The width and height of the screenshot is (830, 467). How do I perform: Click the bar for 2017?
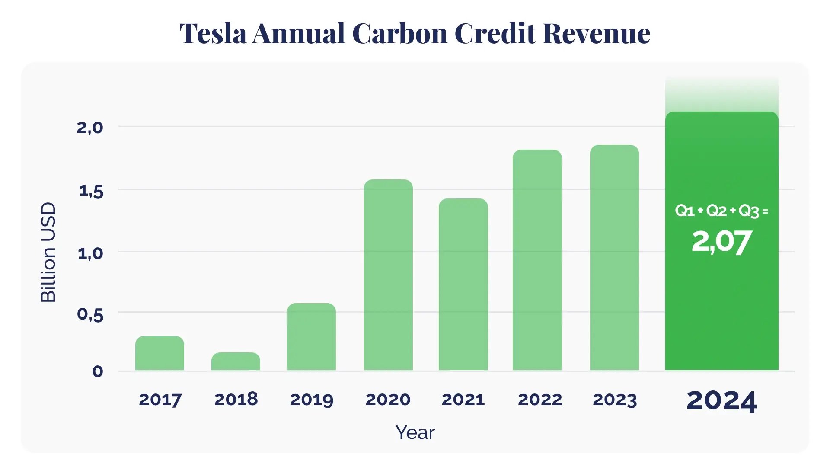tap(160, 353)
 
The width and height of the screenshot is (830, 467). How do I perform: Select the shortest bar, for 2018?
tap(236, 361)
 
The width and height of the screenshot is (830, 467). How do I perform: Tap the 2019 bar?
tap(311, 337)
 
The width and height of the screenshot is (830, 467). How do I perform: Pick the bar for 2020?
tap(388, 275)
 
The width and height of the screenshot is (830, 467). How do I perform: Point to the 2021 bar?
tap(463, 285)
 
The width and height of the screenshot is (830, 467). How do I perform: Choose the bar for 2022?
tap(537, 260)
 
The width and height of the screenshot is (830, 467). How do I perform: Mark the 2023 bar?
tap(614, 258)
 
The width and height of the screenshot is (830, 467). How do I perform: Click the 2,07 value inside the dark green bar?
tap(721, 242)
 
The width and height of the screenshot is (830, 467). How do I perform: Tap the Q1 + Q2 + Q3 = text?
tap(721, 211)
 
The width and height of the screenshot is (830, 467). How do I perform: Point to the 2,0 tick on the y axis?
tap(90, 128)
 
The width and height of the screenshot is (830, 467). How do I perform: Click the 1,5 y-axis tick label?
tap(91, 191)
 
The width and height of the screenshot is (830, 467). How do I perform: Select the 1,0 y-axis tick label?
tap(90, 253)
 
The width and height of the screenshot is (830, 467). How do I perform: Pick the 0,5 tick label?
tap(90, 314)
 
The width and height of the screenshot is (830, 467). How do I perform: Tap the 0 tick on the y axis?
tap(98, 371)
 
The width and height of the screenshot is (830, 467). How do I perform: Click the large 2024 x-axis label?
tap(721, 401)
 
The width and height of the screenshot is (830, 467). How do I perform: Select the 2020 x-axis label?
tap(388, 400)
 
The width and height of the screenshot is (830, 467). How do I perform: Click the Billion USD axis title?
tap(48, 252)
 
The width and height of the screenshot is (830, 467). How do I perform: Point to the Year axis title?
tap(415, 432)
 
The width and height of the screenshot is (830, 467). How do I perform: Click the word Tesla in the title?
tap(213, 33)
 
